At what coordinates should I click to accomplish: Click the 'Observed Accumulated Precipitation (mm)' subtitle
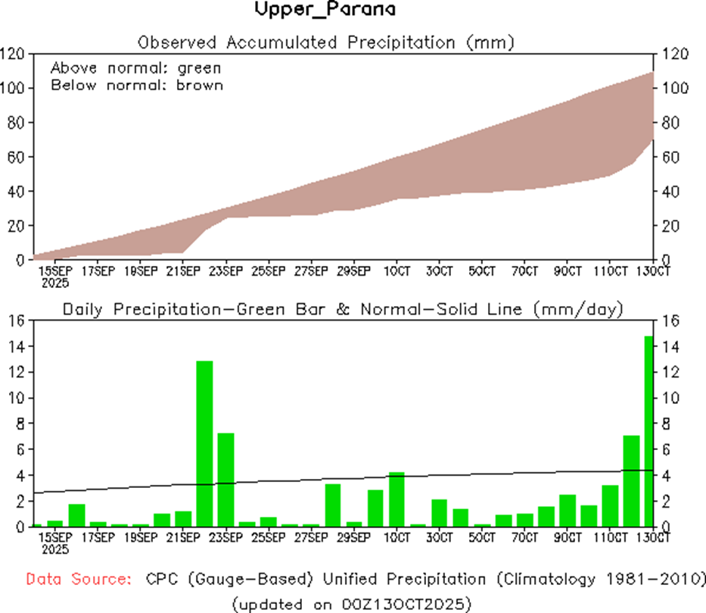pos(325,42)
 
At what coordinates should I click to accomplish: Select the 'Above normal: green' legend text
pos(136,68)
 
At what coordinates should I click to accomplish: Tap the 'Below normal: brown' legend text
pos(137,85)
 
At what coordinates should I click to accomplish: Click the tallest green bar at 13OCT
pos(648,432)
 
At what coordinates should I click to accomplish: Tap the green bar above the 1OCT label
pos(397,499)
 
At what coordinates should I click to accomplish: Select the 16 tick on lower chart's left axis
pos(17,321)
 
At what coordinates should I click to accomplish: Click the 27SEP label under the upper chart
pos(310,271)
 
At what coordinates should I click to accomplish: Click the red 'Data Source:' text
pos(76,580)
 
